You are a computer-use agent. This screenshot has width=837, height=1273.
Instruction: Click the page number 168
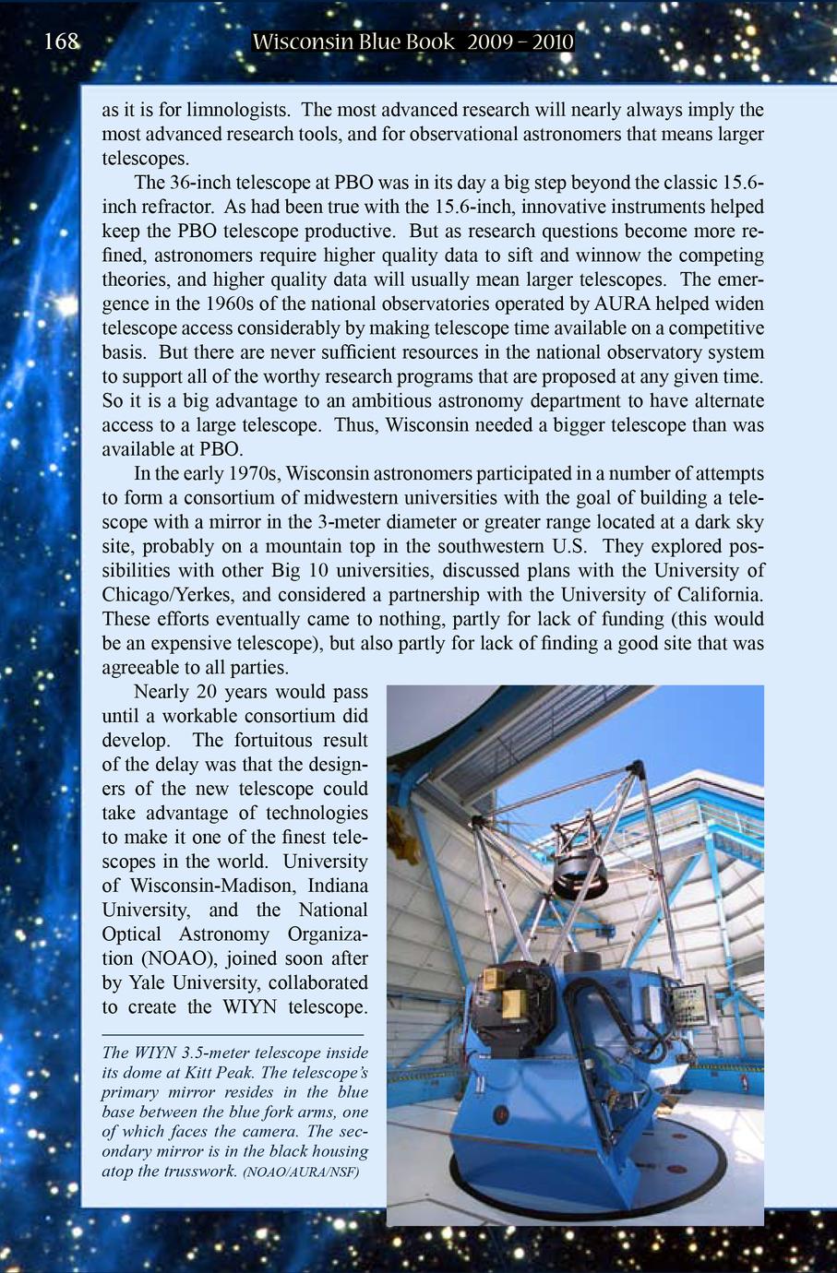pos(62,42)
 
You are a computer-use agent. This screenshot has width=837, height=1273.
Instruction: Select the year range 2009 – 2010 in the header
pos(520,42)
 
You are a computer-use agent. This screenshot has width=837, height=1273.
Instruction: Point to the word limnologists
pos(239,110)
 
